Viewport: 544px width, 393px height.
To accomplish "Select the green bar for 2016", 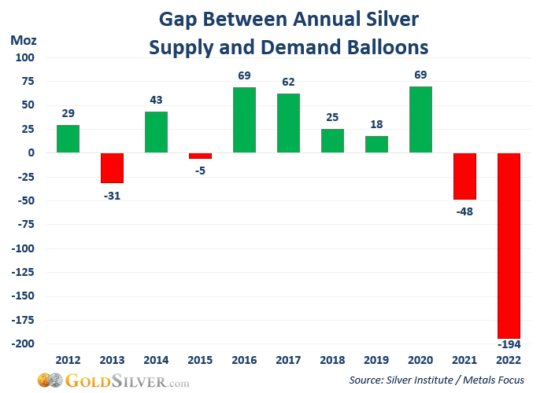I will (x=244, y=120).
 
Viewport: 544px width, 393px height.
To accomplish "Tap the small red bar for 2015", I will (x=200, y=156).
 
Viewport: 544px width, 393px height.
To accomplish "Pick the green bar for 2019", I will (x=376, y=145).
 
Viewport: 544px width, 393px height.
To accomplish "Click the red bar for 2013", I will (x=112, y=167).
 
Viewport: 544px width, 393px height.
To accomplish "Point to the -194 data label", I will (x=509, y=344).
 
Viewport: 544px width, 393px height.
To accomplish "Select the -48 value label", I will (x=464, y=211).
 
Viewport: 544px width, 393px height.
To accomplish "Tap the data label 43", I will (x=156, y=99).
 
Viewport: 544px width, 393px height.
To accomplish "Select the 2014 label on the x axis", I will (x=156, y=359).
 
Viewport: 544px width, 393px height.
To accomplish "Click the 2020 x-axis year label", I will (x=420, y=359).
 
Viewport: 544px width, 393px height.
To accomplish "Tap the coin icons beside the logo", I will (x=50, y=380).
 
